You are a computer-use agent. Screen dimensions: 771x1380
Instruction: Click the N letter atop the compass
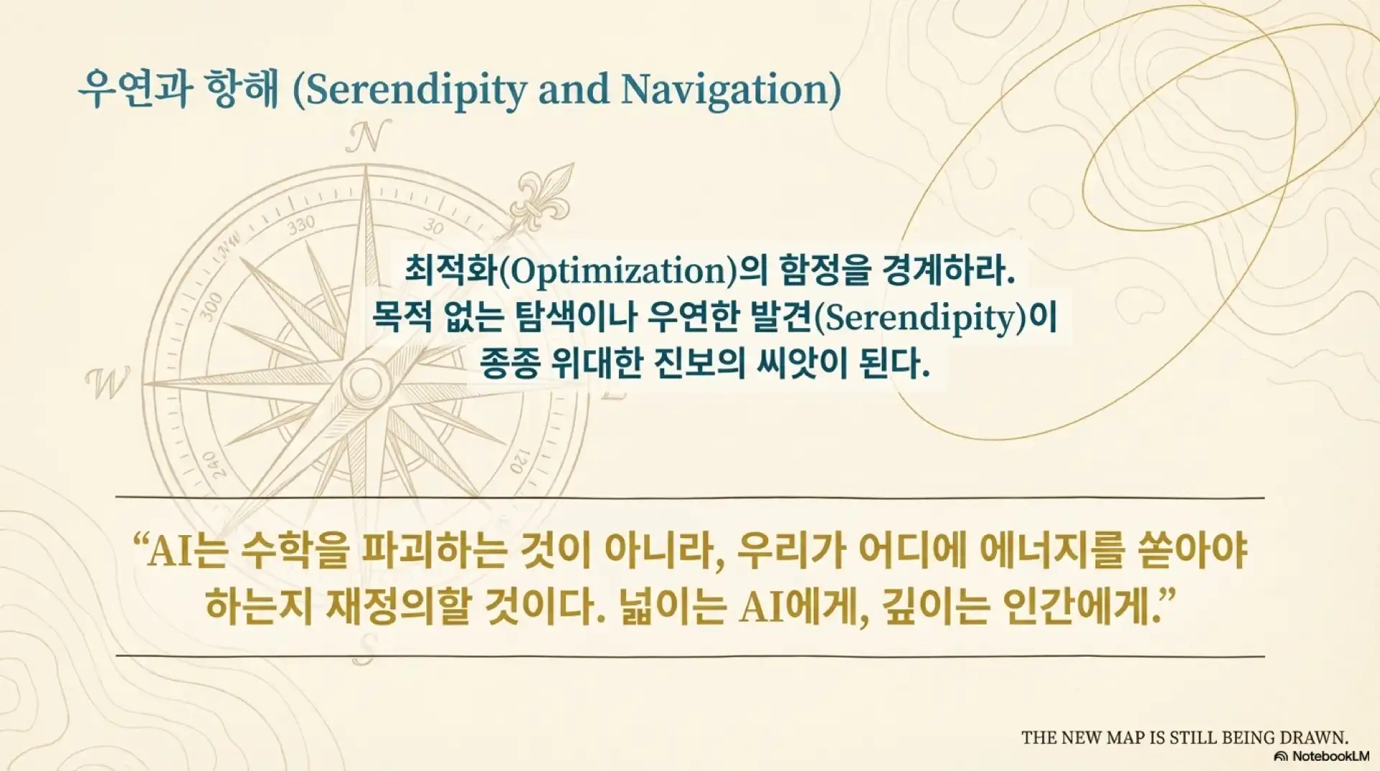pos(368,137)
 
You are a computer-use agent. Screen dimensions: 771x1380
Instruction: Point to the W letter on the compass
pos(108,383)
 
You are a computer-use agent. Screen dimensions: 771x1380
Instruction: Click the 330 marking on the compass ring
pos(302,225)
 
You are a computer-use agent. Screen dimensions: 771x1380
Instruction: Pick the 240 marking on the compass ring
pos(211,464)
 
